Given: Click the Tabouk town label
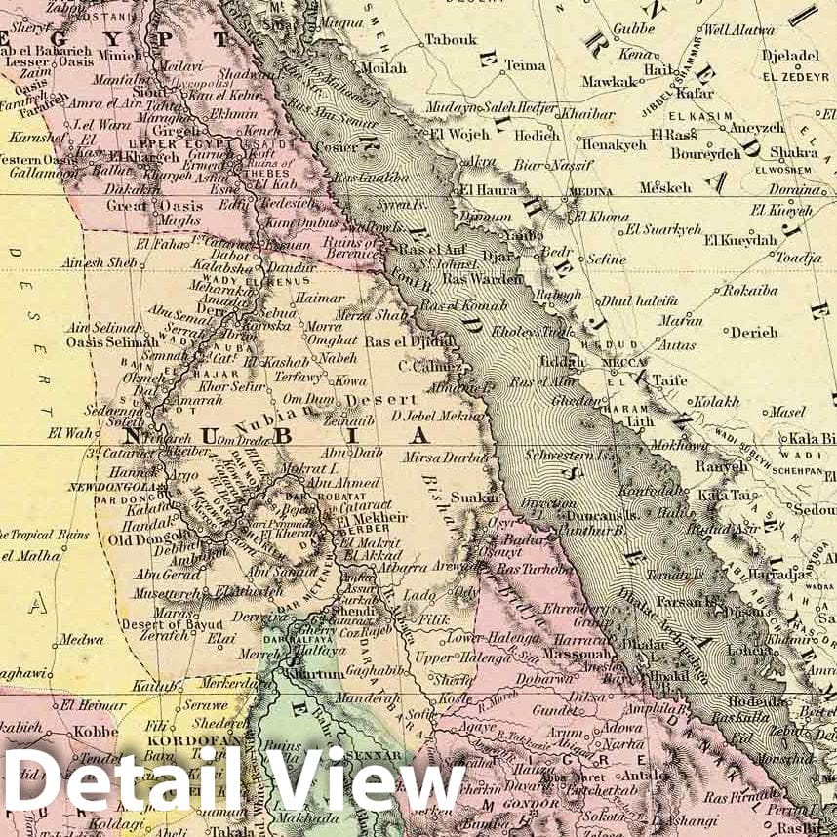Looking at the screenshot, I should tap(451, 40).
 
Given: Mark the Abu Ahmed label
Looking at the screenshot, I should tap(341, 482).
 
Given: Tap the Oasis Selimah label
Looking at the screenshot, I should tap(110, 342).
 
